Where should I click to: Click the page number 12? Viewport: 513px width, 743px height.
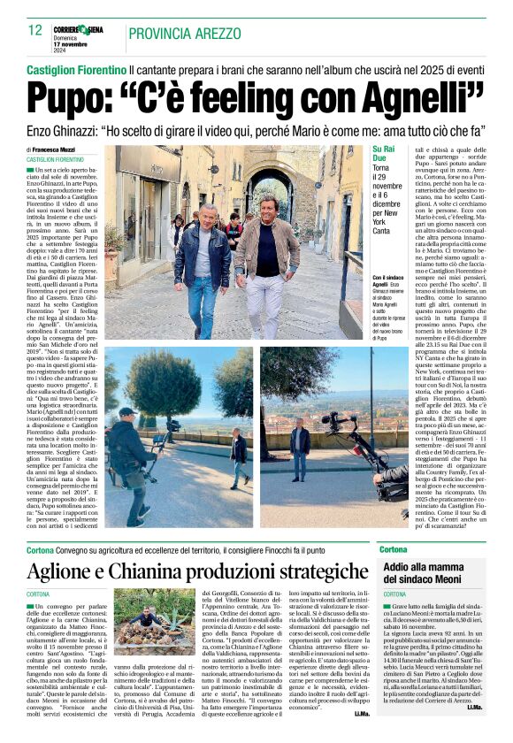click(x=35, y=30)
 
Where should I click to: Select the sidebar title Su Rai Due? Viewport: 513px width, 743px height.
click(x=387, y=154)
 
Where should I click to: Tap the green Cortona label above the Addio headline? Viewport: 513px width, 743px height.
click(x=394, y=549)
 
